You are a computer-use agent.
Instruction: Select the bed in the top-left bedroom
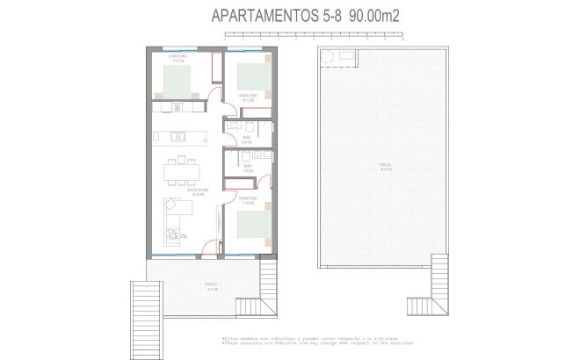[180, 81]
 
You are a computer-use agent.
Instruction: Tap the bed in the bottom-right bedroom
[253, 225]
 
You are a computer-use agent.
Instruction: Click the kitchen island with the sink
[179, 136]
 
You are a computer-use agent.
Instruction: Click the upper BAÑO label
[247, 138]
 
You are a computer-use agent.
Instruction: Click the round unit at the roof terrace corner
[327, 57]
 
